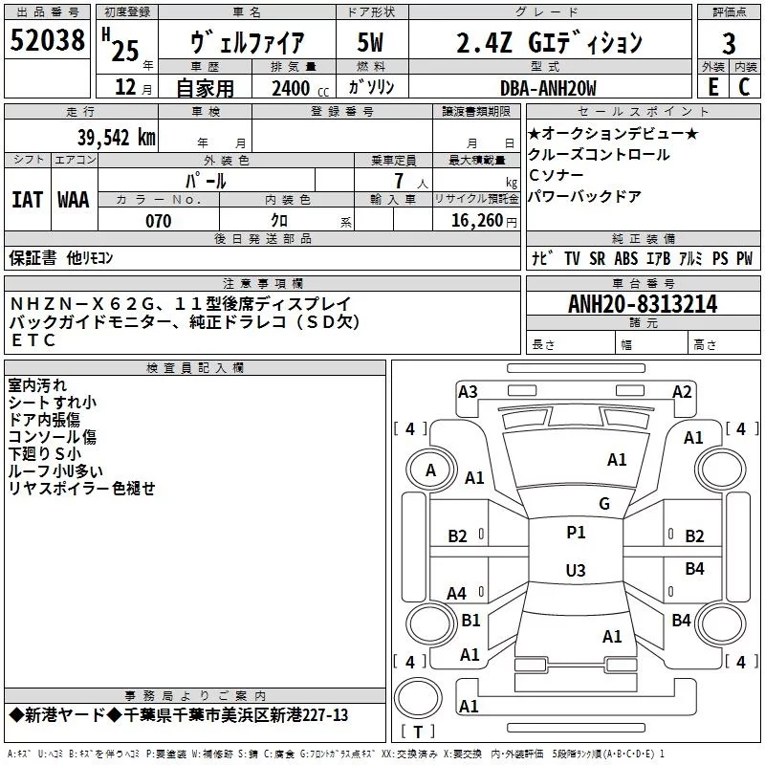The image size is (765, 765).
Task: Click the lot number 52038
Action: point(47,40)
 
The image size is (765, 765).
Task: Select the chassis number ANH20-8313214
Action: point(643,304)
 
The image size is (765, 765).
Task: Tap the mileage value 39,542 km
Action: point(116,138)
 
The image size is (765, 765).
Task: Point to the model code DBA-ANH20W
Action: point(548,88)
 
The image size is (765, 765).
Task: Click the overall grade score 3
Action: point(729,44)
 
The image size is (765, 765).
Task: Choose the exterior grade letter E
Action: point(712,87)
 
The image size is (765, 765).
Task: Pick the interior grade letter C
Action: point(744,87)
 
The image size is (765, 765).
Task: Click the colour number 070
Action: point(159,221)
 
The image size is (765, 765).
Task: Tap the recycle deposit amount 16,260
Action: point(476,221)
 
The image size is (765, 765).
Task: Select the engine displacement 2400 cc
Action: point(300,88)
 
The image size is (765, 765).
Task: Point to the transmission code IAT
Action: point(28,200)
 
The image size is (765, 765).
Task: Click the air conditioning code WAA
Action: point(74,200)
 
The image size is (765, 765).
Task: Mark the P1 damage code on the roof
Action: point(576,533)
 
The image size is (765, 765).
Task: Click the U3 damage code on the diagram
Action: point(576,570)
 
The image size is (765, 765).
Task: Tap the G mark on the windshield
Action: point(604,504)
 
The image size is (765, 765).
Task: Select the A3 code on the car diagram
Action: point(468,392)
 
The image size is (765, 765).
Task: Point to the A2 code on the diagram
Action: point(682,392)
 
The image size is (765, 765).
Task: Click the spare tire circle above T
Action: point(418,698)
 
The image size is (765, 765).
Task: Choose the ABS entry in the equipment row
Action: point(626,258)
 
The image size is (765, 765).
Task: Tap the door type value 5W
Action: point(370,42)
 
